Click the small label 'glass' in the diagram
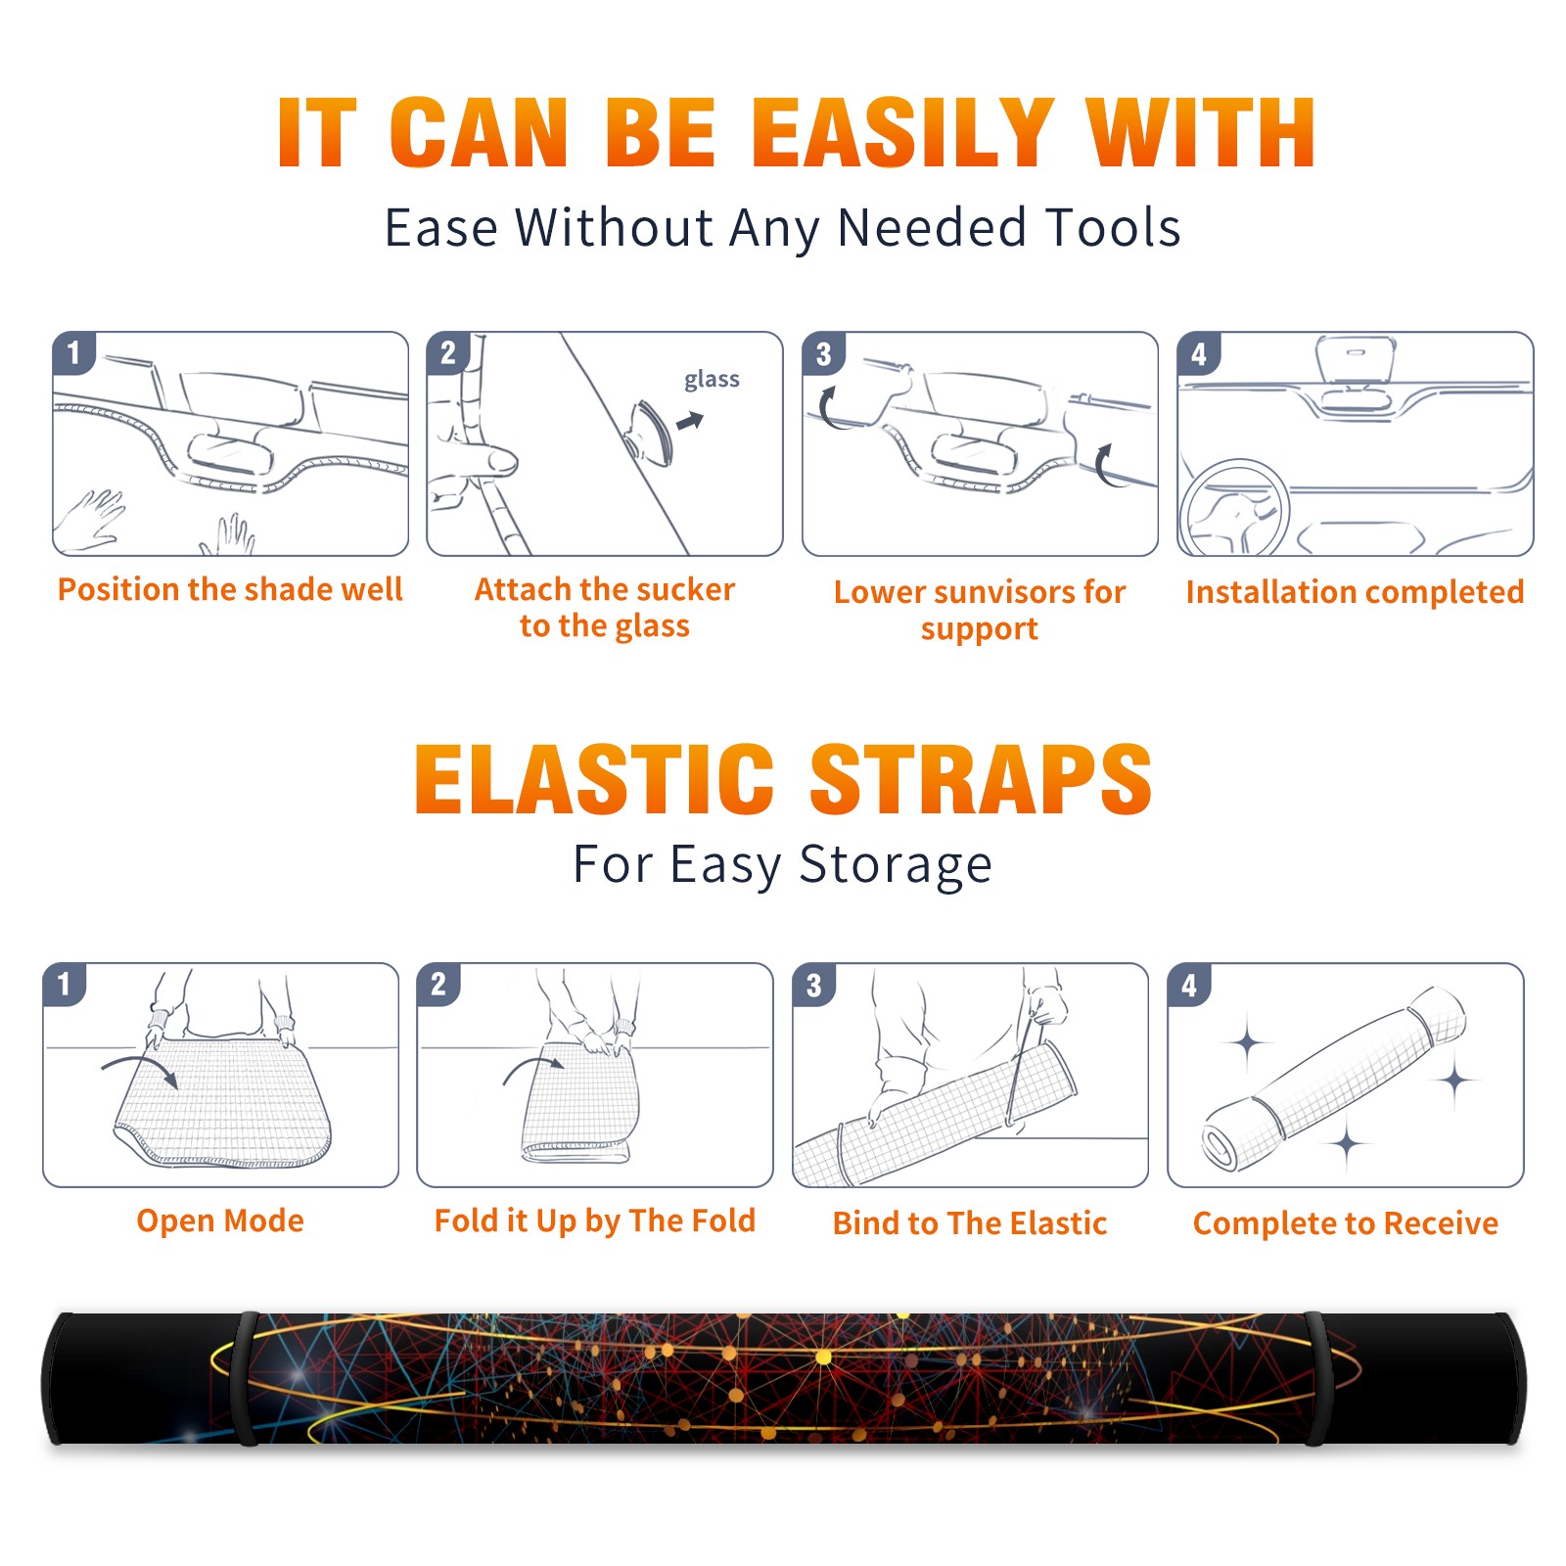coord(712,379)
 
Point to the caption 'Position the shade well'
coord(230,589)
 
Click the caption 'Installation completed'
coord(1355,592)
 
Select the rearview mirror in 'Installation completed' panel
coord(1356,360)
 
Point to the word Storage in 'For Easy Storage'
coord(896,865)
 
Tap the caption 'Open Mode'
coord(220,1221)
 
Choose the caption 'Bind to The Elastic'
coord(969,1223)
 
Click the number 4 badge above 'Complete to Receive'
coord(1189,985)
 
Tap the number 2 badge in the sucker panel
coord(448,352)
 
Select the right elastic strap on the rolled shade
coord(1315,1379)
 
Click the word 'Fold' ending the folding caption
coord(723,1221)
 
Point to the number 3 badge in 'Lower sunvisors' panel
coord(823,353)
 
